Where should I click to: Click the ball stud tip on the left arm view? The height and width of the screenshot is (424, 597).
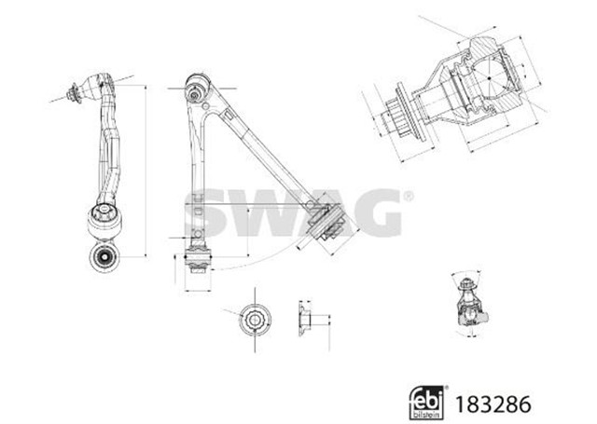73,92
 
